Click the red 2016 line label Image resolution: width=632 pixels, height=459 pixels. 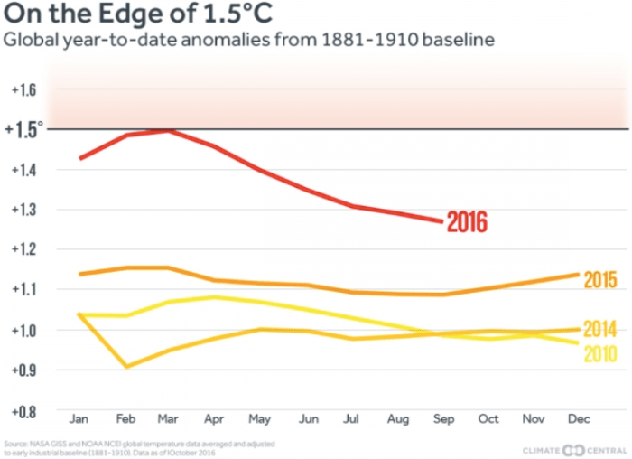pos(468,222)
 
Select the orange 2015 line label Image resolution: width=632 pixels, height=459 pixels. pos(599,279)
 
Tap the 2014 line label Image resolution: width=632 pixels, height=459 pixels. pos(599,329)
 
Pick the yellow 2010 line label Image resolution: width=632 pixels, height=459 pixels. pos(599,353)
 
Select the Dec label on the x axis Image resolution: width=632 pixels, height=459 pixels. pos(579,420)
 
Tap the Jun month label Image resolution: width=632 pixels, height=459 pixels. pos(307,420)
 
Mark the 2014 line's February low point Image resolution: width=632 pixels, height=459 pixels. pos(125,367)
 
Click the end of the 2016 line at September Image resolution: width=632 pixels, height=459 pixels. pos(442,221)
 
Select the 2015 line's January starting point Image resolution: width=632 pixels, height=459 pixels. pos(80,274)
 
